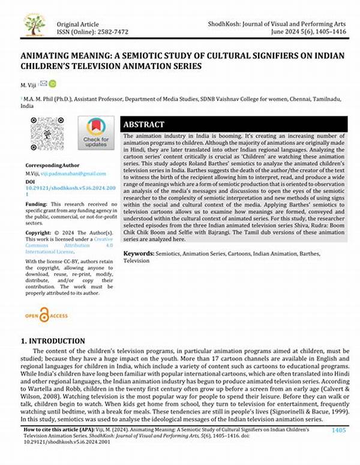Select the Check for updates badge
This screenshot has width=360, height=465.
click(95, 133)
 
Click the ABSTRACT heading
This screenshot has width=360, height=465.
click(143, 124)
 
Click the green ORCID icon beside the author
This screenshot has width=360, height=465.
click(52, 83)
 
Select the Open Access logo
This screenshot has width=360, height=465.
click(46, 314)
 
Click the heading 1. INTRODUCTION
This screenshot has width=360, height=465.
click(53, 341)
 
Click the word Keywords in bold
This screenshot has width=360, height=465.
click(139, 254)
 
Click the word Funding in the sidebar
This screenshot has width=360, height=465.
click(35, 205)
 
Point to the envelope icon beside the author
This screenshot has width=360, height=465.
click(43, 83)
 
